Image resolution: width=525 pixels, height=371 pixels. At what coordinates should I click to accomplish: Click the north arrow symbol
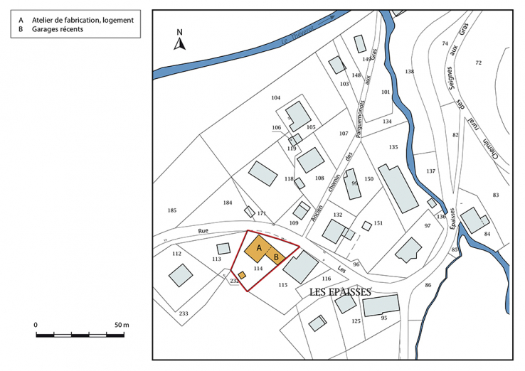pyautogui.click(x=180, y=41)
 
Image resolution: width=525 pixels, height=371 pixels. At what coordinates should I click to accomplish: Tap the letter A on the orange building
pyautogui.click(x=260, y=247)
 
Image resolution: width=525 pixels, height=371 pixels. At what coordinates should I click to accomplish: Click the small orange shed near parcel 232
pyautogui.click(x=242, y=274)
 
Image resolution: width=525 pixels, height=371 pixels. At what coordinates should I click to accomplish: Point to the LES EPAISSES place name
pyautogui.click(x=341, y=292)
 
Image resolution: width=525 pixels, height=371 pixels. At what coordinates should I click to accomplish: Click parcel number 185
pyautogui.click(x=171, y=210)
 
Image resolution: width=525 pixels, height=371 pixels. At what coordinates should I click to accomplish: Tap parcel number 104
pyautogui.click(x=276, y=97)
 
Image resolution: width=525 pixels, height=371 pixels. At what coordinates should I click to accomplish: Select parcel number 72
pyautogui.click(x=479, y=63)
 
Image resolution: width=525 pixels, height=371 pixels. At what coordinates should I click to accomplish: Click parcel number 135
pyautogui.click(x=393, y=147)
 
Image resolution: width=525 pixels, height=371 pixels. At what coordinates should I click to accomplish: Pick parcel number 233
pyautogui.click(x=184, y=313)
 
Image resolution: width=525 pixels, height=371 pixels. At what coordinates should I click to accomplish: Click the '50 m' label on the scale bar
pyautogui.click(x=121, y=324)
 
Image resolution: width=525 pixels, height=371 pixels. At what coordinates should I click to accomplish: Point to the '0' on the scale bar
pyautogui.click(x=36, y=324)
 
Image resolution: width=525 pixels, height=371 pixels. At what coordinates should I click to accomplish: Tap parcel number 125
pyautogui.click(x=356, y=321)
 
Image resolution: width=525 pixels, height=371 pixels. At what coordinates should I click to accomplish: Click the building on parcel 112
pyautogui.click(x=181, y=275)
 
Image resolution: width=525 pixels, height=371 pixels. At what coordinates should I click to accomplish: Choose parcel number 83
pyautogui.click(x=496, y=195)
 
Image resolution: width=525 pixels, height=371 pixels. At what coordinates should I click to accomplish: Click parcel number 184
pyautogui.click(x=228, y=203)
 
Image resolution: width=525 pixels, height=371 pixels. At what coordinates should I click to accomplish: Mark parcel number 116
pyautogui.click(x=326, y=279)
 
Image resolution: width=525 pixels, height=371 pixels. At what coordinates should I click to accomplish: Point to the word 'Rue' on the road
pyautogui.click(x=203, y=231)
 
